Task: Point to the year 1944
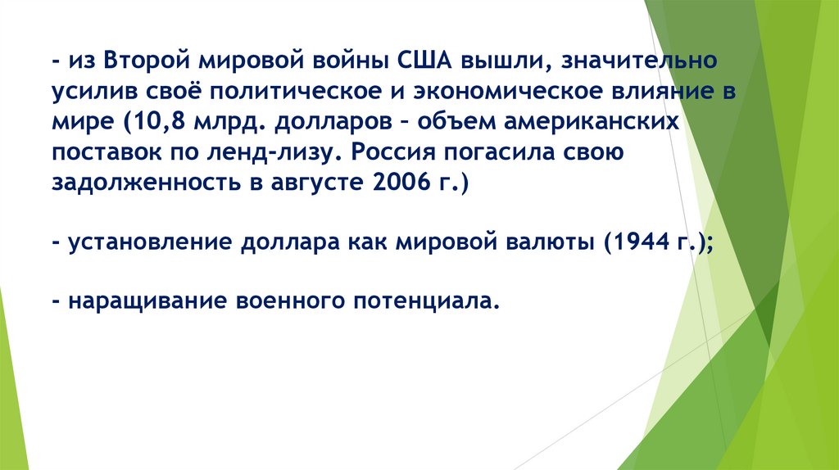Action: click(x=643, y=243)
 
